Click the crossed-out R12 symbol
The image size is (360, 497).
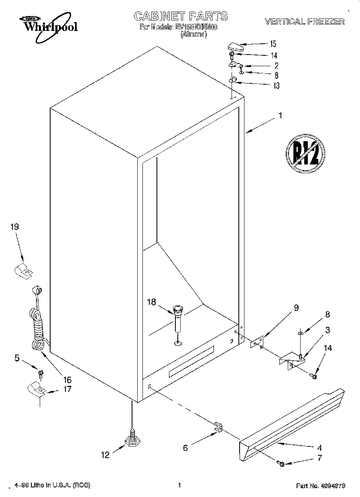[x=305, y=153]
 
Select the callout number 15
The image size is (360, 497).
[x=273, y=44]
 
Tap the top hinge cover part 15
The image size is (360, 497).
[x=235, y=47]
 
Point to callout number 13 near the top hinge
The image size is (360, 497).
[x=276, y=85]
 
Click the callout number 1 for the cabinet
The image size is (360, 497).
[x=280, y=116]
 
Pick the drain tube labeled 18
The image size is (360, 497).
[x=178, y=318]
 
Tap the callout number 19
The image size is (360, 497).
[x=14, y=227]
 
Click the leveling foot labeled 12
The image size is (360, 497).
[x=132, y=441]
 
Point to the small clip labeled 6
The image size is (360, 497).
[x=218, y=428]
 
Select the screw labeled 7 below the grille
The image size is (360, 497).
[x=281, y=464]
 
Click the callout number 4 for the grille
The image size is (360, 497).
[x=319, y=448]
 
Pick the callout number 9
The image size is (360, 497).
[x=296, y=308]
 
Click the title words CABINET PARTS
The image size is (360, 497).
[x=181, y=16]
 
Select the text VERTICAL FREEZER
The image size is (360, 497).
[x=304, y=22]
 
